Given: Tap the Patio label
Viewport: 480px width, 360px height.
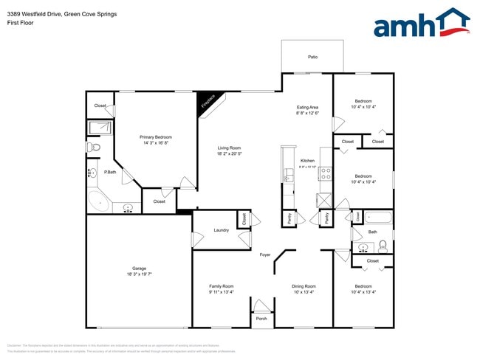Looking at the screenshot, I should click(x=312, y=57).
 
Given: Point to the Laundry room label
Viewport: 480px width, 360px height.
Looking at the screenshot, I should click(x=221, y=230).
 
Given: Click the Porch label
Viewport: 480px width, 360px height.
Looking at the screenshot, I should click(x=261, y=319).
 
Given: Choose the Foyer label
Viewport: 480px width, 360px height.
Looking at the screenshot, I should click(x=265, y=255).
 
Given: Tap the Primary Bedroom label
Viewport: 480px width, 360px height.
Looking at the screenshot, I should click(x=156, y=137).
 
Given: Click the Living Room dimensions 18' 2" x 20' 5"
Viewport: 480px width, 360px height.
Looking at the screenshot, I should click(x=230, y=154).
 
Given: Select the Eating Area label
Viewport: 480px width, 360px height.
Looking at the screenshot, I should click(x=307, y=108).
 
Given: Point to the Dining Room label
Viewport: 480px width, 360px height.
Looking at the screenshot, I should click(x=304, y=286).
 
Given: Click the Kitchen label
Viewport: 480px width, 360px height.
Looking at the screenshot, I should click(x=307, y=161).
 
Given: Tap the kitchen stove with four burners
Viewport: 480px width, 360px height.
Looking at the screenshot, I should click(x=325, y=174).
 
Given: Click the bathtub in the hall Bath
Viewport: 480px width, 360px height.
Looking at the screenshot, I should click(x=377, y=218).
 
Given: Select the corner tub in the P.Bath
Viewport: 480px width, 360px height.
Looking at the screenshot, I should click(x=98, y=201).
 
